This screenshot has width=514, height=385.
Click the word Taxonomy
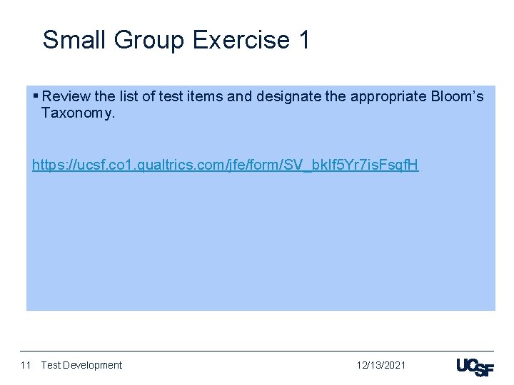click(77, 113)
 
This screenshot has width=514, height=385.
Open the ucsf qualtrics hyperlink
click(225, 165)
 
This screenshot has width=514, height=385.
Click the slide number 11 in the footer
click(26, 365)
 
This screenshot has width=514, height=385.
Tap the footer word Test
click(51, 365)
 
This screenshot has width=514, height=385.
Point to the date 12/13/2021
click(381, 365)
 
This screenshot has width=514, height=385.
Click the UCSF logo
click(474, 366)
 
